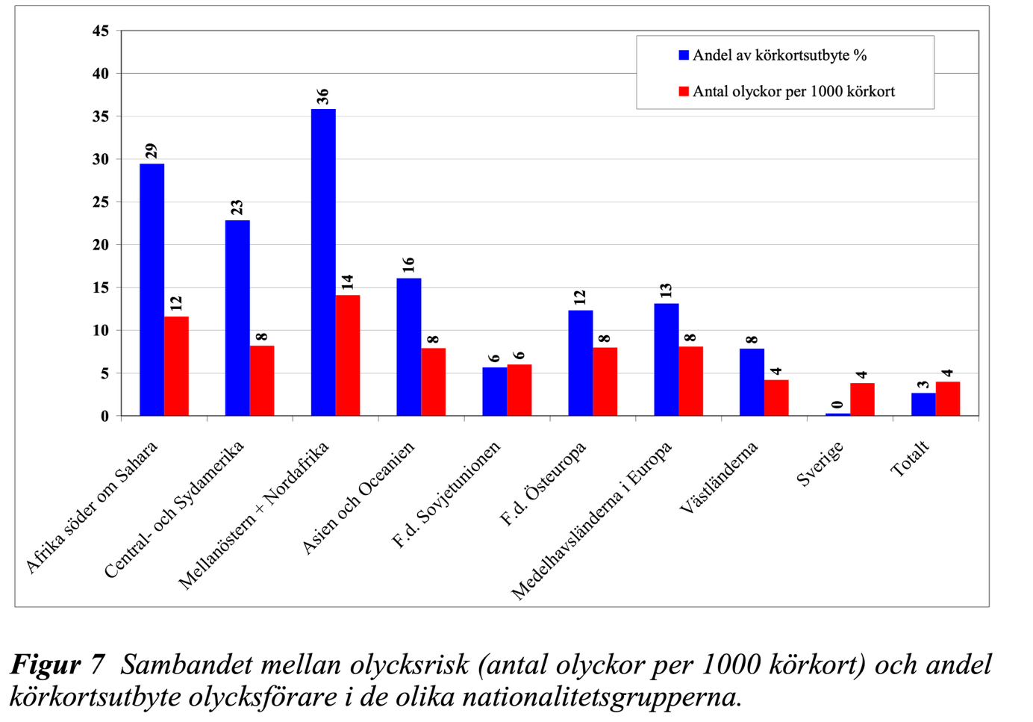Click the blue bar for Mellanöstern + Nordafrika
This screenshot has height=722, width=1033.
[323, 262]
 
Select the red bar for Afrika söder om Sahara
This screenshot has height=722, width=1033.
[176, 366]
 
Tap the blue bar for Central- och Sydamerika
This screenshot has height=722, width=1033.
[237, 317]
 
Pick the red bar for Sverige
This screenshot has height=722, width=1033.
[862, 399]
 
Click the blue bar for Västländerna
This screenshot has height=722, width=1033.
[752, 382]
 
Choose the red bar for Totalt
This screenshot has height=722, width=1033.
[948, 399]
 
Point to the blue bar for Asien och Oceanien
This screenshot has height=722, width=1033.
[409, 346]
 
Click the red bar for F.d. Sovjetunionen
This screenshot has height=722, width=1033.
[519, 390]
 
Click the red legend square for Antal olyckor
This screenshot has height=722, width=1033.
[684, 91]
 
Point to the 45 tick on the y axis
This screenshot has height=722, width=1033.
[101, 31]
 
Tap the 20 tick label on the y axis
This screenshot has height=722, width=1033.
[101, 245]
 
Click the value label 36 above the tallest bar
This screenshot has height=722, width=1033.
[322, 96]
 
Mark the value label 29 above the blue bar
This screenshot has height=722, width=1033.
[152, 151]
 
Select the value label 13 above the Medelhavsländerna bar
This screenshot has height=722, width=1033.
[666, 290]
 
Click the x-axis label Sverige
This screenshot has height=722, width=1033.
[820, 464]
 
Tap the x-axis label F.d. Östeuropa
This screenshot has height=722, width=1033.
[543, 484]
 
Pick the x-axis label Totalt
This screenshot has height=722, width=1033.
[910, 458]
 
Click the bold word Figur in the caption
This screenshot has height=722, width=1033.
[46, 664]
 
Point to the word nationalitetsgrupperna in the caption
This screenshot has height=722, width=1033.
[602, 697]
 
